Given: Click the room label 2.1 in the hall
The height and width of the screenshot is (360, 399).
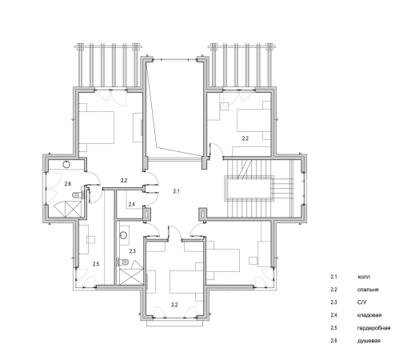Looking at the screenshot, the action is click(x=176, y=191).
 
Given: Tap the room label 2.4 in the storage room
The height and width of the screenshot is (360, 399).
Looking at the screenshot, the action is click(x=132, y=204).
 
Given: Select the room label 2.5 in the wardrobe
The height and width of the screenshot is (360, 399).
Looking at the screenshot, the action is click(x=96, y=264).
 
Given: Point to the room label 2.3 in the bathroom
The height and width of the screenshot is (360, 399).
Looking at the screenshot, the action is click(x=133, y=251).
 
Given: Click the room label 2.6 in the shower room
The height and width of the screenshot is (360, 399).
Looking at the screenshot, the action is click(x=68, y=184).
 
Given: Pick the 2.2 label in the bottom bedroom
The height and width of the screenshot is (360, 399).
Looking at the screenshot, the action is click(x=174, y=305).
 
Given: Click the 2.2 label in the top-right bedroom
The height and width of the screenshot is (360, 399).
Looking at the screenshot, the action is click(x=245, y=138).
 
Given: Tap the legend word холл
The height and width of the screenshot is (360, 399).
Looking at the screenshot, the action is click(x=364, y=277).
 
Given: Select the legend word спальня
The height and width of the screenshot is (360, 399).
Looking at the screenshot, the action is click(x=368, y=290).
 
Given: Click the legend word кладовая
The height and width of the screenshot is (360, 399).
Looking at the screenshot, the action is click(x=369, y=315).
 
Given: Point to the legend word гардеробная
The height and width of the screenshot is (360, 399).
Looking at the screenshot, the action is click(x=374, y=328).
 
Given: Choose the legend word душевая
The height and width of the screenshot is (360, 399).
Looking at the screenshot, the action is click(x=369, y=341).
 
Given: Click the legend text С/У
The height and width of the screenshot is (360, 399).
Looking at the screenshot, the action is click(x=361, y=302).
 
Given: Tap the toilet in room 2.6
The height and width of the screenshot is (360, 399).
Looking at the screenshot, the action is click(x=78, y=195).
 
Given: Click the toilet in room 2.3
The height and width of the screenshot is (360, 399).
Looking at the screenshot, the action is click(x=123, y=262).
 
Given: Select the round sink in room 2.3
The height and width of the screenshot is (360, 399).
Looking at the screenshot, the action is click(x=123, y=235).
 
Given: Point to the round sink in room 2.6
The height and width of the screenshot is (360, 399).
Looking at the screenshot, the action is click(x=66, y=164).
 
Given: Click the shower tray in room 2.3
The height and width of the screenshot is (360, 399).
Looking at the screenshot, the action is click(x=131, y=277).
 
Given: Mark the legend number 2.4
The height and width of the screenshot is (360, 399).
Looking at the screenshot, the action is click(x=334, y=315).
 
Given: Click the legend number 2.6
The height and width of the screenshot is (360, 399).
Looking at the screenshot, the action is click(x=334, y=341).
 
